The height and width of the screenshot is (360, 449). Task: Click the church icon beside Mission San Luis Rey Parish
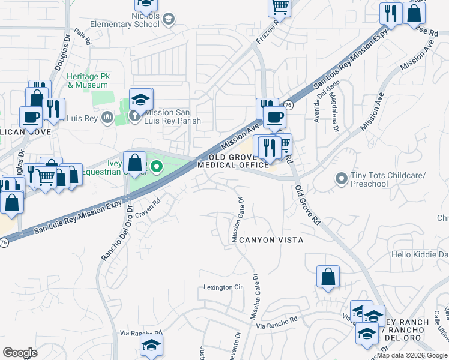136,116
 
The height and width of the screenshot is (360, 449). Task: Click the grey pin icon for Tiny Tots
342,178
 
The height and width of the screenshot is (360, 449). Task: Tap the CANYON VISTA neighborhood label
271,240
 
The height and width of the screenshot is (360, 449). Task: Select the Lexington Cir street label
222,287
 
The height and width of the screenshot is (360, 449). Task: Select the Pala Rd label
82,38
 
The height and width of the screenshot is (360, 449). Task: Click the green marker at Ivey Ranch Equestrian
156,166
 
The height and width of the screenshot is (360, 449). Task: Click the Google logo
20,352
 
